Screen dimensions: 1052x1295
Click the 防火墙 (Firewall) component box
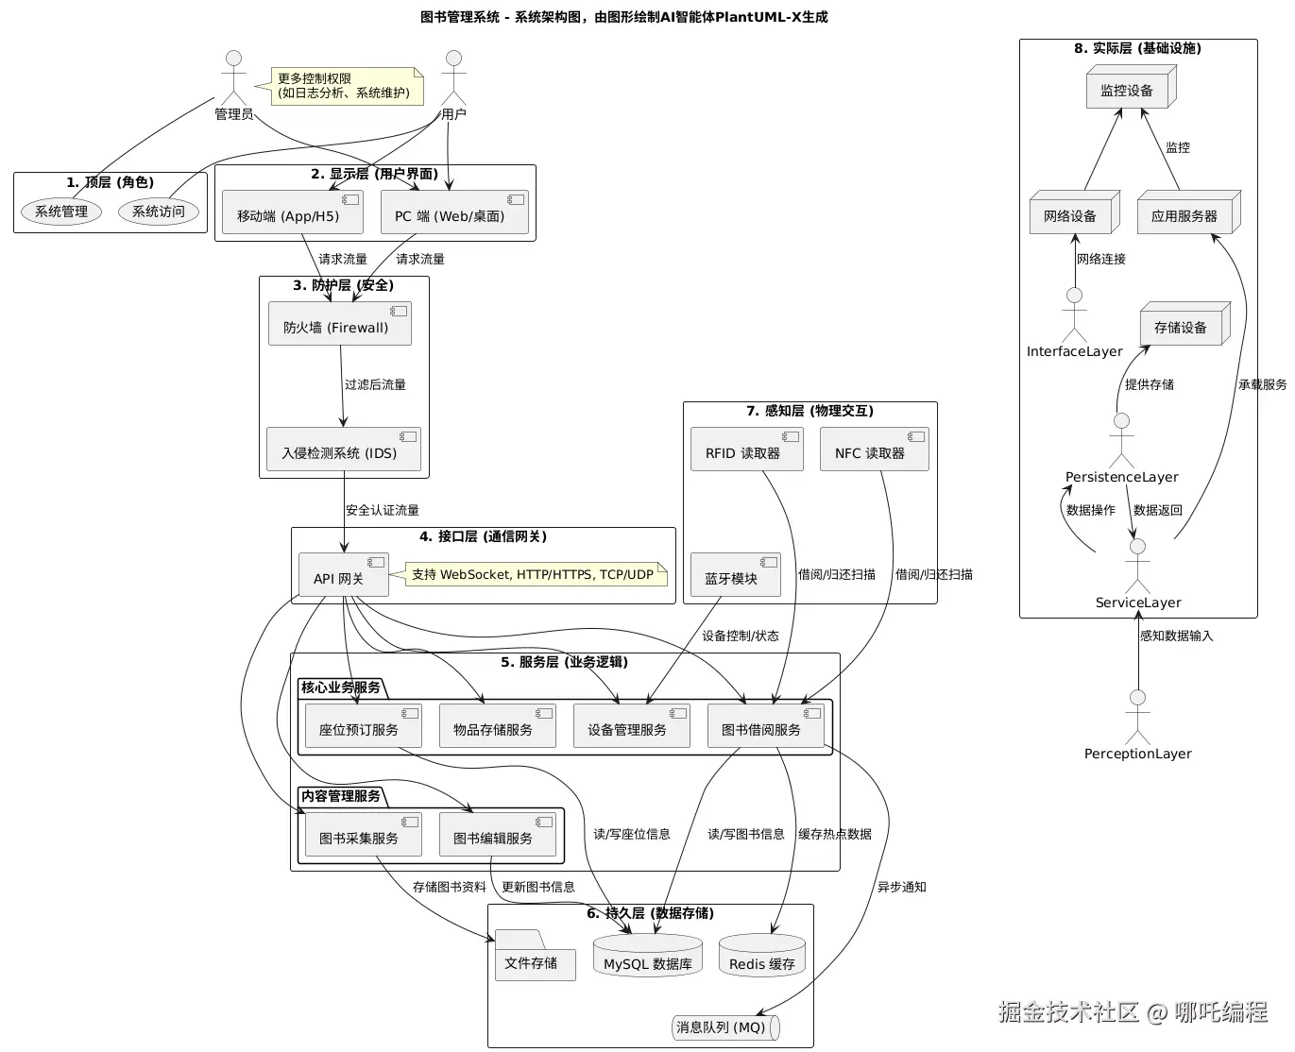[x=339, y=324]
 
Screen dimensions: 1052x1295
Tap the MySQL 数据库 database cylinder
[x=647, y=956]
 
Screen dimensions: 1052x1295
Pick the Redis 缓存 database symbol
[x=761, y=956]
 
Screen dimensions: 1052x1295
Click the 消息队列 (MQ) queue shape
[x=725, y=1027]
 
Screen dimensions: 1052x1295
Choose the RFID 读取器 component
[x=746, y=450]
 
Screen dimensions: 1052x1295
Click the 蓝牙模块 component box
[x=735, y=575]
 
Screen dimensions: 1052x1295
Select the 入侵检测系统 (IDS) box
[x=343, y=450]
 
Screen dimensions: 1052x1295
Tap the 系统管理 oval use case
[x=61, y=212]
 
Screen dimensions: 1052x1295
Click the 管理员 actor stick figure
[x=233, y=80]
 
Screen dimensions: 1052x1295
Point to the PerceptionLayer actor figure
[x=1137, y=718]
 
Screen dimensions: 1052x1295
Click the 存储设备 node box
[x=1184, y=325]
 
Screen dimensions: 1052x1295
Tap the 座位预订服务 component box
[x=363, y=726]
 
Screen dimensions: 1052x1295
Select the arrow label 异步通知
[x=901, y=888]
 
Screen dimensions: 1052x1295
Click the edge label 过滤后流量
[x=375, y=385]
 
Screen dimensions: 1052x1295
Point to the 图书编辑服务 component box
[x=497, y=835]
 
